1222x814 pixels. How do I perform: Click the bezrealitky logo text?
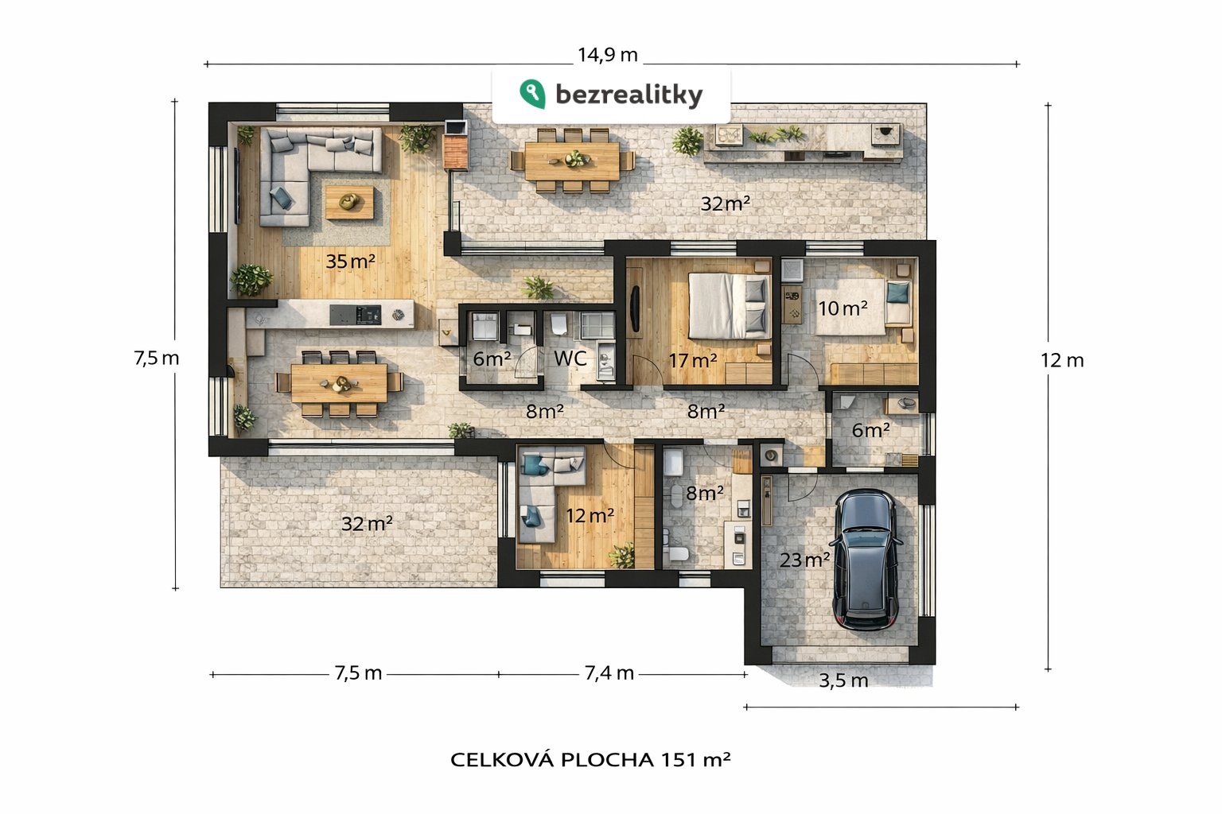(x=629, y=95)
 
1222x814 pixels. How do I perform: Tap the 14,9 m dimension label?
(x=607, y=55)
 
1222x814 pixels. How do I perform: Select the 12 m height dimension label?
(x=1061, y=360)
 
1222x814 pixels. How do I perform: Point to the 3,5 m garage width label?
(x=843, y=680)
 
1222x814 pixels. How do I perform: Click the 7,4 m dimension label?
(x=609, y=673)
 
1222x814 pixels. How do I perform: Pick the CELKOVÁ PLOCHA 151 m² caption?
(x=590, y=759)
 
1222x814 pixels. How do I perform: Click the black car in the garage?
(x=867, y=560)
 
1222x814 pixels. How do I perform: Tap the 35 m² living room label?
(x=350, y=261)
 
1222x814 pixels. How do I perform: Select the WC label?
(x=570, y=359)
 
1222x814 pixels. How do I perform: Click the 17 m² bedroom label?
(x=692, y=361)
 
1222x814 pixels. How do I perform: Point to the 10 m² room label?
(x=843, y=308)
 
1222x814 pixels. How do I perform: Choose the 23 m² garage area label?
(x=804, y=560)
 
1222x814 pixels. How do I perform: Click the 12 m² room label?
(x=590, y=516)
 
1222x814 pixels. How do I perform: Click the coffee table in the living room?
(x=349, y=202)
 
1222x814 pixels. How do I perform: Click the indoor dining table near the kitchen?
(x=339, y=383)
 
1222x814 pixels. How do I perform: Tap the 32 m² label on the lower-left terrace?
(x=367, y=524)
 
